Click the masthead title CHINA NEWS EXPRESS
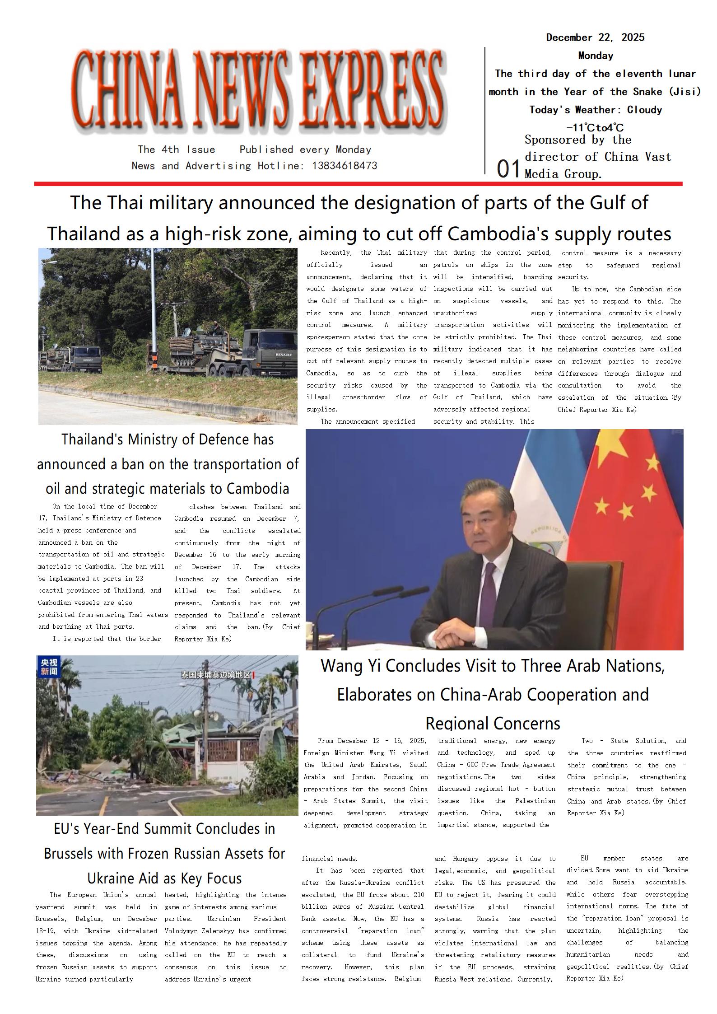[257, 90]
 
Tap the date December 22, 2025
[595, 37]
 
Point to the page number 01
[508, 169]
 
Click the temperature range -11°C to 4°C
[595, 128]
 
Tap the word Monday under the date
[596, 56]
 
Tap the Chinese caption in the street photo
[216, 675]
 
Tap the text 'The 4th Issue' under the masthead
[177, 150]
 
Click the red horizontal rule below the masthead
[358, 184]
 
